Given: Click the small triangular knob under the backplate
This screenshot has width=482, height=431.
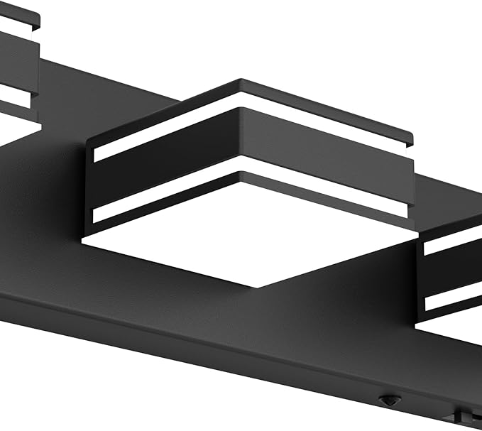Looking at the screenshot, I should coord(386,400).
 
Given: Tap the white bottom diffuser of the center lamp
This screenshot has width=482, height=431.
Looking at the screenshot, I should coord(248,249).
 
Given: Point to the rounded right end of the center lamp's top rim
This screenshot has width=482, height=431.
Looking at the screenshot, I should coord(410,136).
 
